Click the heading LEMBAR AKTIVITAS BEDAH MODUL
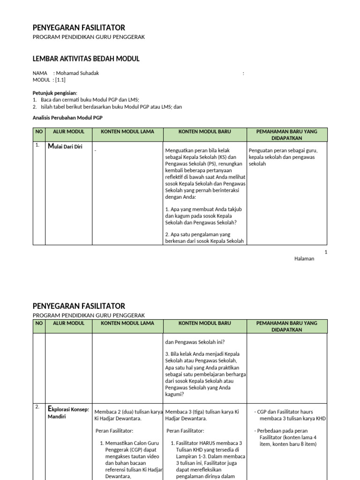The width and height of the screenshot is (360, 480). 86,59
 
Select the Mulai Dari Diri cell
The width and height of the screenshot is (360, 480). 65,146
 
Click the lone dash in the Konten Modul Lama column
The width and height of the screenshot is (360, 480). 95,150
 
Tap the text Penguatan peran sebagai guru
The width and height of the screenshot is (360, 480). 283,150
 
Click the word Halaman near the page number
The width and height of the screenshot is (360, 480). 304,259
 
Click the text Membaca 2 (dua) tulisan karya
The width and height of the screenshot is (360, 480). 128,412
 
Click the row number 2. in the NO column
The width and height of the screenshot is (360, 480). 37,407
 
